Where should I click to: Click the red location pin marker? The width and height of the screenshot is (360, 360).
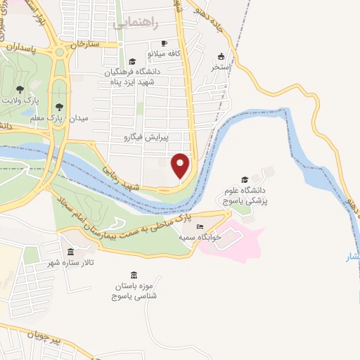(181, 165)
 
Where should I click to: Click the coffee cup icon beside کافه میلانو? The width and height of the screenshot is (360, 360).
(165, 43)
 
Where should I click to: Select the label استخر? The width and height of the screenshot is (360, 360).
(222, 67)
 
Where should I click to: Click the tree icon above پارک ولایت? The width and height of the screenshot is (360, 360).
(20, 90)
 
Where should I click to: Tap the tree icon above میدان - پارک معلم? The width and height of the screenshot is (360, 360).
(59, 108)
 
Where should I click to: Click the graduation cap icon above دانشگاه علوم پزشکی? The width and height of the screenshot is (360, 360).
(244, 180)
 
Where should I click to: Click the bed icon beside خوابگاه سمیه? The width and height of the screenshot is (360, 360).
(200, 227)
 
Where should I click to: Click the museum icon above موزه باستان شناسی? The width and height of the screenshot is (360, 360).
(134, 275)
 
